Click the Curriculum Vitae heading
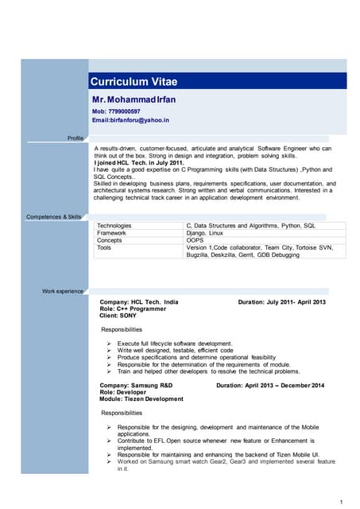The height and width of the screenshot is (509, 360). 134,81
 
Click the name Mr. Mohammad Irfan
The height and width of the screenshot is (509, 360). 137,99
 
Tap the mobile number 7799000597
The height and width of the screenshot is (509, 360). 116,111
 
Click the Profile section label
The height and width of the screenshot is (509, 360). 75,138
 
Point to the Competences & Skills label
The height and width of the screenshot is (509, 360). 54,216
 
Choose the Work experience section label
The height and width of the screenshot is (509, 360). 63,291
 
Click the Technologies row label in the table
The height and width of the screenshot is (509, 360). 114,226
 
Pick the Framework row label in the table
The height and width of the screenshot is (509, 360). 111,233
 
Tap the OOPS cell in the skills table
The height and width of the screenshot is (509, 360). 195,240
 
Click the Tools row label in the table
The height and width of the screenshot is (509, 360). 104,247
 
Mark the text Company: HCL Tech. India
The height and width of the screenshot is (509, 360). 139,303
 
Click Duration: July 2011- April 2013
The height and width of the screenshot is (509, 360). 282,303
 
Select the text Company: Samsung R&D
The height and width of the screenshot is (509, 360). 136,386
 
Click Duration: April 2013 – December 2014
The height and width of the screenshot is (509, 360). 270,386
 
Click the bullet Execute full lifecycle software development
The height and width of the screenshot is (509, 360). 175,343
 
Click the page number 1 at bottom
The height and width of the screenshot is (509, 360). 340,501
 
